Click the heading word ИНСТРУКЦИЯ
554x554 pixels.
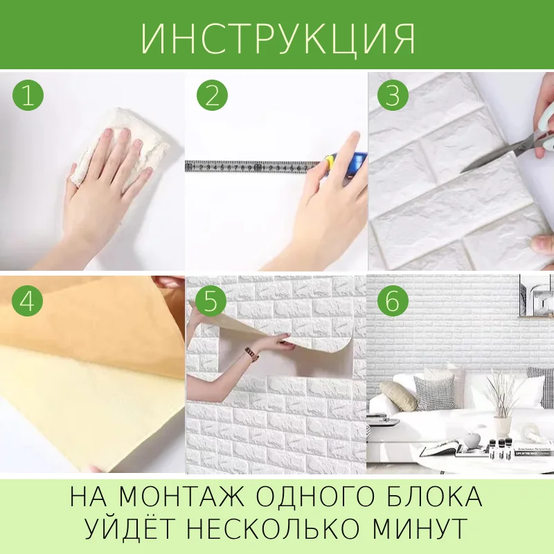tap(278, 39)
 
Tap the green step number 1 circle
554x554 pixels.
tap(28, 96)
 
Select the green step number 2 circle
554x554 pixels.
tap(212, 96)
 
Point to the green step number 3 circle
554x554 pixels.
tap(393, 96)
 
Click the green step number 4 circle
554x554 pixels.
tap(27, 301)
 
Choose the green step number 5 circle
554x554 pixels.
tap(211, 301)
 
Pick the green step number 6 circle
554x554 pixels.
tap(393, 301)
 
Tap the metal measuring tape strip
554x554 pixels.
tap(253, 166)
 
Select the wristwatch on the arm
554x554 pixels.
tap(251, 354)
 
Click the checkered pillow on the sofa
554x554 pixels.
tap(434, 392)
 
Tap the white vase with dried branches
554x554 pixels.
tap(503, 427)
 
